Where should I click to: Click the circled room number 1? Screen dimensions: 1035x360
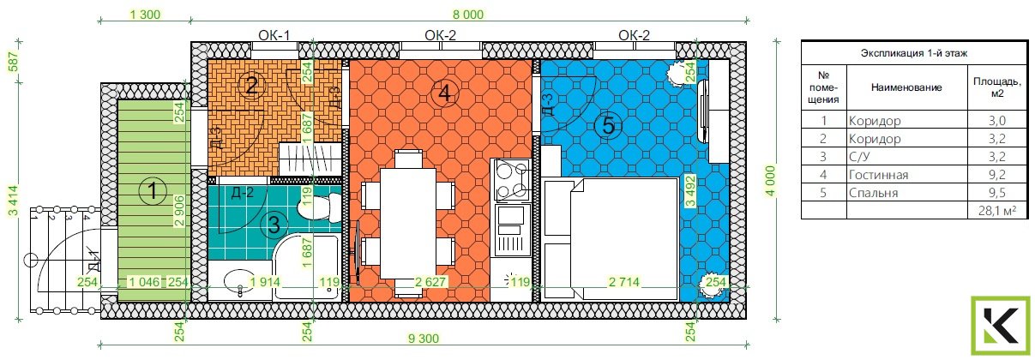(x=153, y=190)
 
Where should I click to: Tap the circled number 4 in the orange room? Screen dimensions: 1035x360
(x=444, y=93)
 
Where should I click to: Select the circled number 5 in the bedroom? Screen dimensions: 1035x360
(x=608, y=126)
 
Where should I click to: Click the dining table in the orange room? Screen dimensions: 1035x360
(x=408, y=223)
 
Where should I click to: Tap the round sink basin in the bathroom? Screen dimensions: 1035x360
(x=239, y=280)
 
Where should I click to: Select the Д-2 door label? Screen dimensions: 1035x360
(x=242, y=192)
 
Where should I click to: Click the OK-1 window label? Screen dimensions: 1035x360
(x=274, y=35)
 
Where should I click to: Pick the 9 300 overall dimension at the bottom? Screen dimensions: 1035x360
(x=424, y=339)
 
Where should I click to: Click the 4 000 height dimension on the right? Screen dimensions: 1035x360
(x=771, y=181)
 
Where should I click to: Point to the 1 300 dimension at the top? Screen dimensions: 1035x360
(x=145, y=15)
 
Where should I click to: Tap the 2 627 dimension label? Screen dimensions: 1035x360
(x=430, y=282)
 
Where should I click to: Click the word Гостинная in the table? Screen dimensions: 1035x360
(x=878, y=175)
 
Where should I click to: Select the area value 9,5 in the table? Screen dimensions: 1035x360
(x=997, y=193)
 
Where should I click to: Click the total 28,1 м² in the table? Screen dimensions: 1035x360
(x=996, y=211)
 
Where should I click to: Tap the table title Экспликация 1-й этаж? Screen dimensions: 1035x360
(x=914, y=53)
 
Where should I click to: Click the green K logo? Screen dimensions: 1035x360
(x=1000, y=327)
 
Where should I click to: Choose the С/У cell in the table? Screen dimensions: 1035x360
(x=859, y=157)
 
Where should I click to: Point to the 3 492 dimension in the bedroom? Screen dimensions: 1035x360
(x=689, y=191)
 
